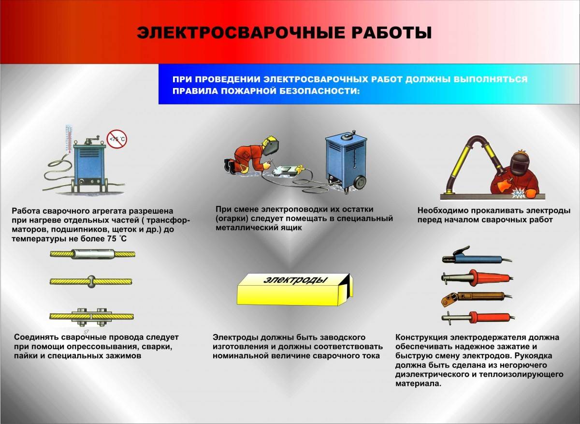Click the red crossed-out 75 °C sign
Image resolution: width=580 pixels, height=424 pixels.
pos(116,139)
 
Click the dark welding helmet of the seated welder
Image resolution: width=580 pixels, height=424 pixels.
pos(520,163)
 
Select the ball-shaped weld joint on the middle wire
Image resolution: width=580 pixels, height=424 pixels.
pos(92,280)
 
